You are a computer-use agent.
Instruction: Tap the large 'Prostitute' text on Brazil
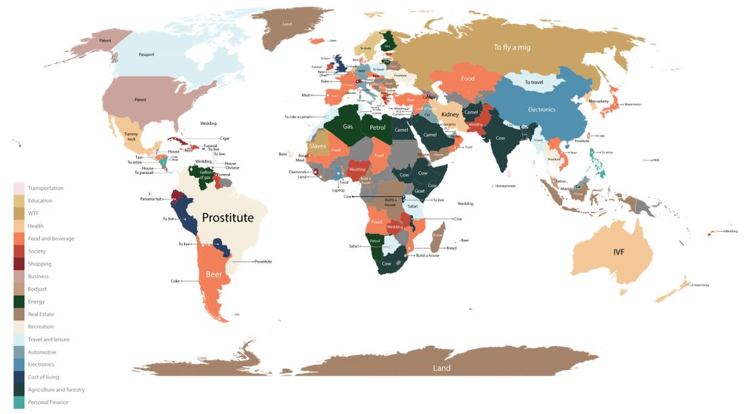point(227,218)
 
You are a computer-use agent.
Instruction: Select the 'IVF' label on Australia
point(619,252)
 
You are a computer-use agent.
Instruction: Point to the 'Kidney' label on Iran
point(451,114)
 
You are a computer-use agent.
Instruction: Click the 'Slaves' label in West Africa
point(318,146)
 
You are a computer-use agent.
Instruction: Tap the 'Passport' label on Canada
point(146,54)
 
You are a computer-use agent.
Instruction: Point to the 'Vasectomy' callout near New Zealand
point(700,285)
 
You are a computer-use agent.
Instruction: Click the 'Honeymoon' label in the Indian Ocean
point(505,186)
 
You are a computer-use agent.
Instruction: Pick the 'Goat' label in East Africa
point(420,190)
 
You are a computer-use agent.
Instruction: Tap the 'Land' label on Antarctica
point(441,368)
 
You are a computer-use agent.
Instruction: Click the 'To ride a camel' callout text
point(299,117)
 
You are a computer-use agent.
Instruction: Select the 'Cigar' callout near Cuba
point(225,139)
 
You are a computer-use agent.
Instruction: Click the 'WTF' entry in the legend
point(33,213)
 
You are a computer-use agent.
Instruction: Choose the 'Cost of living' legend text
point(44,377)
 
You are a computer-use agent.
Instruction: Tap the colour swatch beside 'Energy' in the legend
point(18,302)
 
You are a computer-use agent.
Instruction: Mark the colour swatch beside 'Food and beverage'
point(18,239)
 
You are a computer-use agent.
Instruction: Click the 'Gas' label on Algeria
point(348,127)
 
